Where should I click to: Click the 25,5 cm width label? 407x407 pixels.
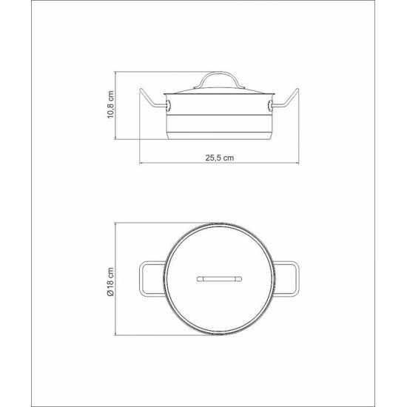click(220, 157)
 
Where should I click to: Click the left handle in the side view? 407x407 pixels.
click(152, 102)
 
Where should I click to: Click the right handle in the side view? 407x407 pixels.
click(286, 102)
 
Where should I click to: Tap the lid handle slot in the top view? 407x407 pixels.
click(219, 279)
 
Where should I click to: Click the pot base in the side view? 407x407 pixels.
click(219, 135)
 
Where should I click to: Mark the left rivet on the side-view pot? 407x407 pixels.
click(168, 102)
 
